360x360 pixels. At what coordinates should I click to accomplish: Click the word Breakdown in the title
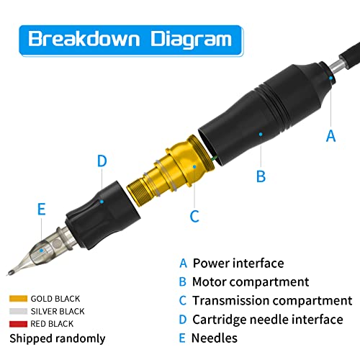(84, 39)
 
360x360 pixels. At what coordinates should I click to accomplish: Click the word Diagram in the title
(191, 40)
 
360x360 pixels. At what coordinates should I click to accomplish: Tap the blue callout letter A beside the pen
(330, 136)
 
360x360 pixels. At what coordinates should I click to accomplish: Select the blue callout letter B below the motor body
(261, 176)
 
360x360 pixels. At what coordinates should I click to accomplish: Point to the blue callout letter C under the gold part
(194, 216)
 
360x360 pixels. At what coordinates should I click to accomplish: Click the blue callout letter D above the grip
(102, 161)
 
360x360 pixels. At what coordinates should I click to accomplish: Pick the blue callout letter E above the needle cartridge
(42, 209)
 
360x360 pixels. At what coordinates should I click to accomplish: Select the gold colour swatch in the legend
(18, 299)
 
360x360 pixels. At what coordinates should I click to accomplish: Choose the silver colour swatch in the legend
(18, 311)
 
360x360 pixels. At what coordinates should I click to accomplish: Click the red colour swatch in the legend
(18, 324)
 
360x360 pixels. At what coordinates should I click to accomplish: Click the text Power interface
(238, 263)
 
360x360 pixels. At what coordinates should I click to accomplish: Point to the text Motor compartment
(251, 282)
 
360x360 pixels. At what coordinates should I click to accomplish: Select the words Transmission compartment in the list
(272, 300)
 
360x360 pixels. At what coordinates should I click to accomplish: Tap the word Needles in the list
(215, 338)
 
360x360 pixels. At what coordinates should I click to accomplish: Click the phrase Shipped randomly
(58, 338)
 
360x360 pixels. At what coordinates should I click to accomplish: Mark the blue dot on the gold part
(194, 166)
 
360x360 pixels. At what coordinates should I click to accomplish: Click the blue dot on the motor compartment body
(261, 134)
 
